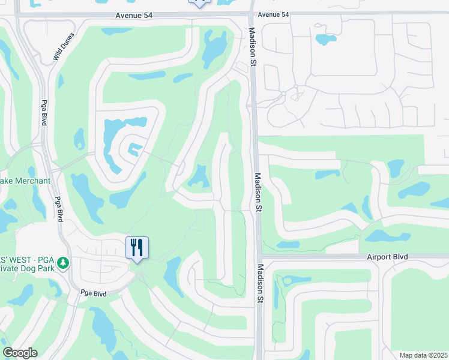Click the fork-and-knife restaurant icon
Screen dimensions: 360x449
point(137,247)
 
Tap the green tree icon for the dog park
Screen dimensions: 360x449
point(64,263)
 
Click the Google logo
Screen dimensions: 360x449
point(20,353)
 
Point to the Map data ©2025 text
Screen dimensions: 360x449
point(423,355)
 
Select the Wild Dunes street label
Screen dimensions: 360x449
point(65,47)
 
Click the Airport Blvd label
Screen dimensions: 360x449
point(387,257)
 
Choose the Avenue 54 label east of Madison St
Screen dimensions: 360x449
point(273,14)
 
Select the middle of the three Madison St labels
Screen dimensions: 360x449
point(257,193)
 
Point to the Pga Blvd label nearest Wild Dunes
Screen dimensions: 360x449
point(44,112)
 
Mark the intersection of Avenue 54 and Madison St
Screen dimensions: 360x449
point(251,14)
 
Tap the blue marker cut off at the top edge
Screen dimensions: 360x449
point(199,3)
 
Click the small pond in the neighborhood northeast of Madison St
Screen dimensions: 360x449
point(326,40)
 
